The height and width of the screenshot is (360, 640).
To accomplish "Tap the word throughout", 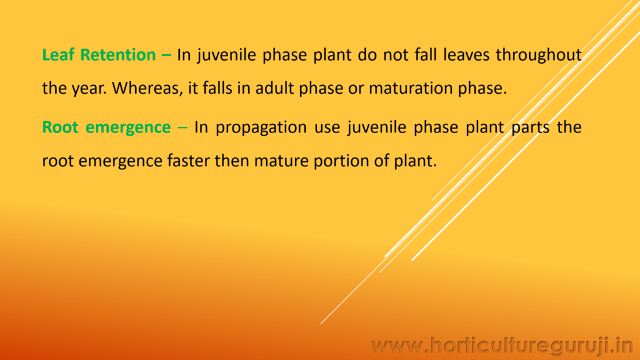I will point(539,55).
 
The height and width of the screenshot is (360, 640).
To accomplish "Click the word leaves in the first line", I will point(466,55).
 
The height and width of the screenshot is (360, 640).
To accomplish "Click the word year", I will point(91,89).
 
